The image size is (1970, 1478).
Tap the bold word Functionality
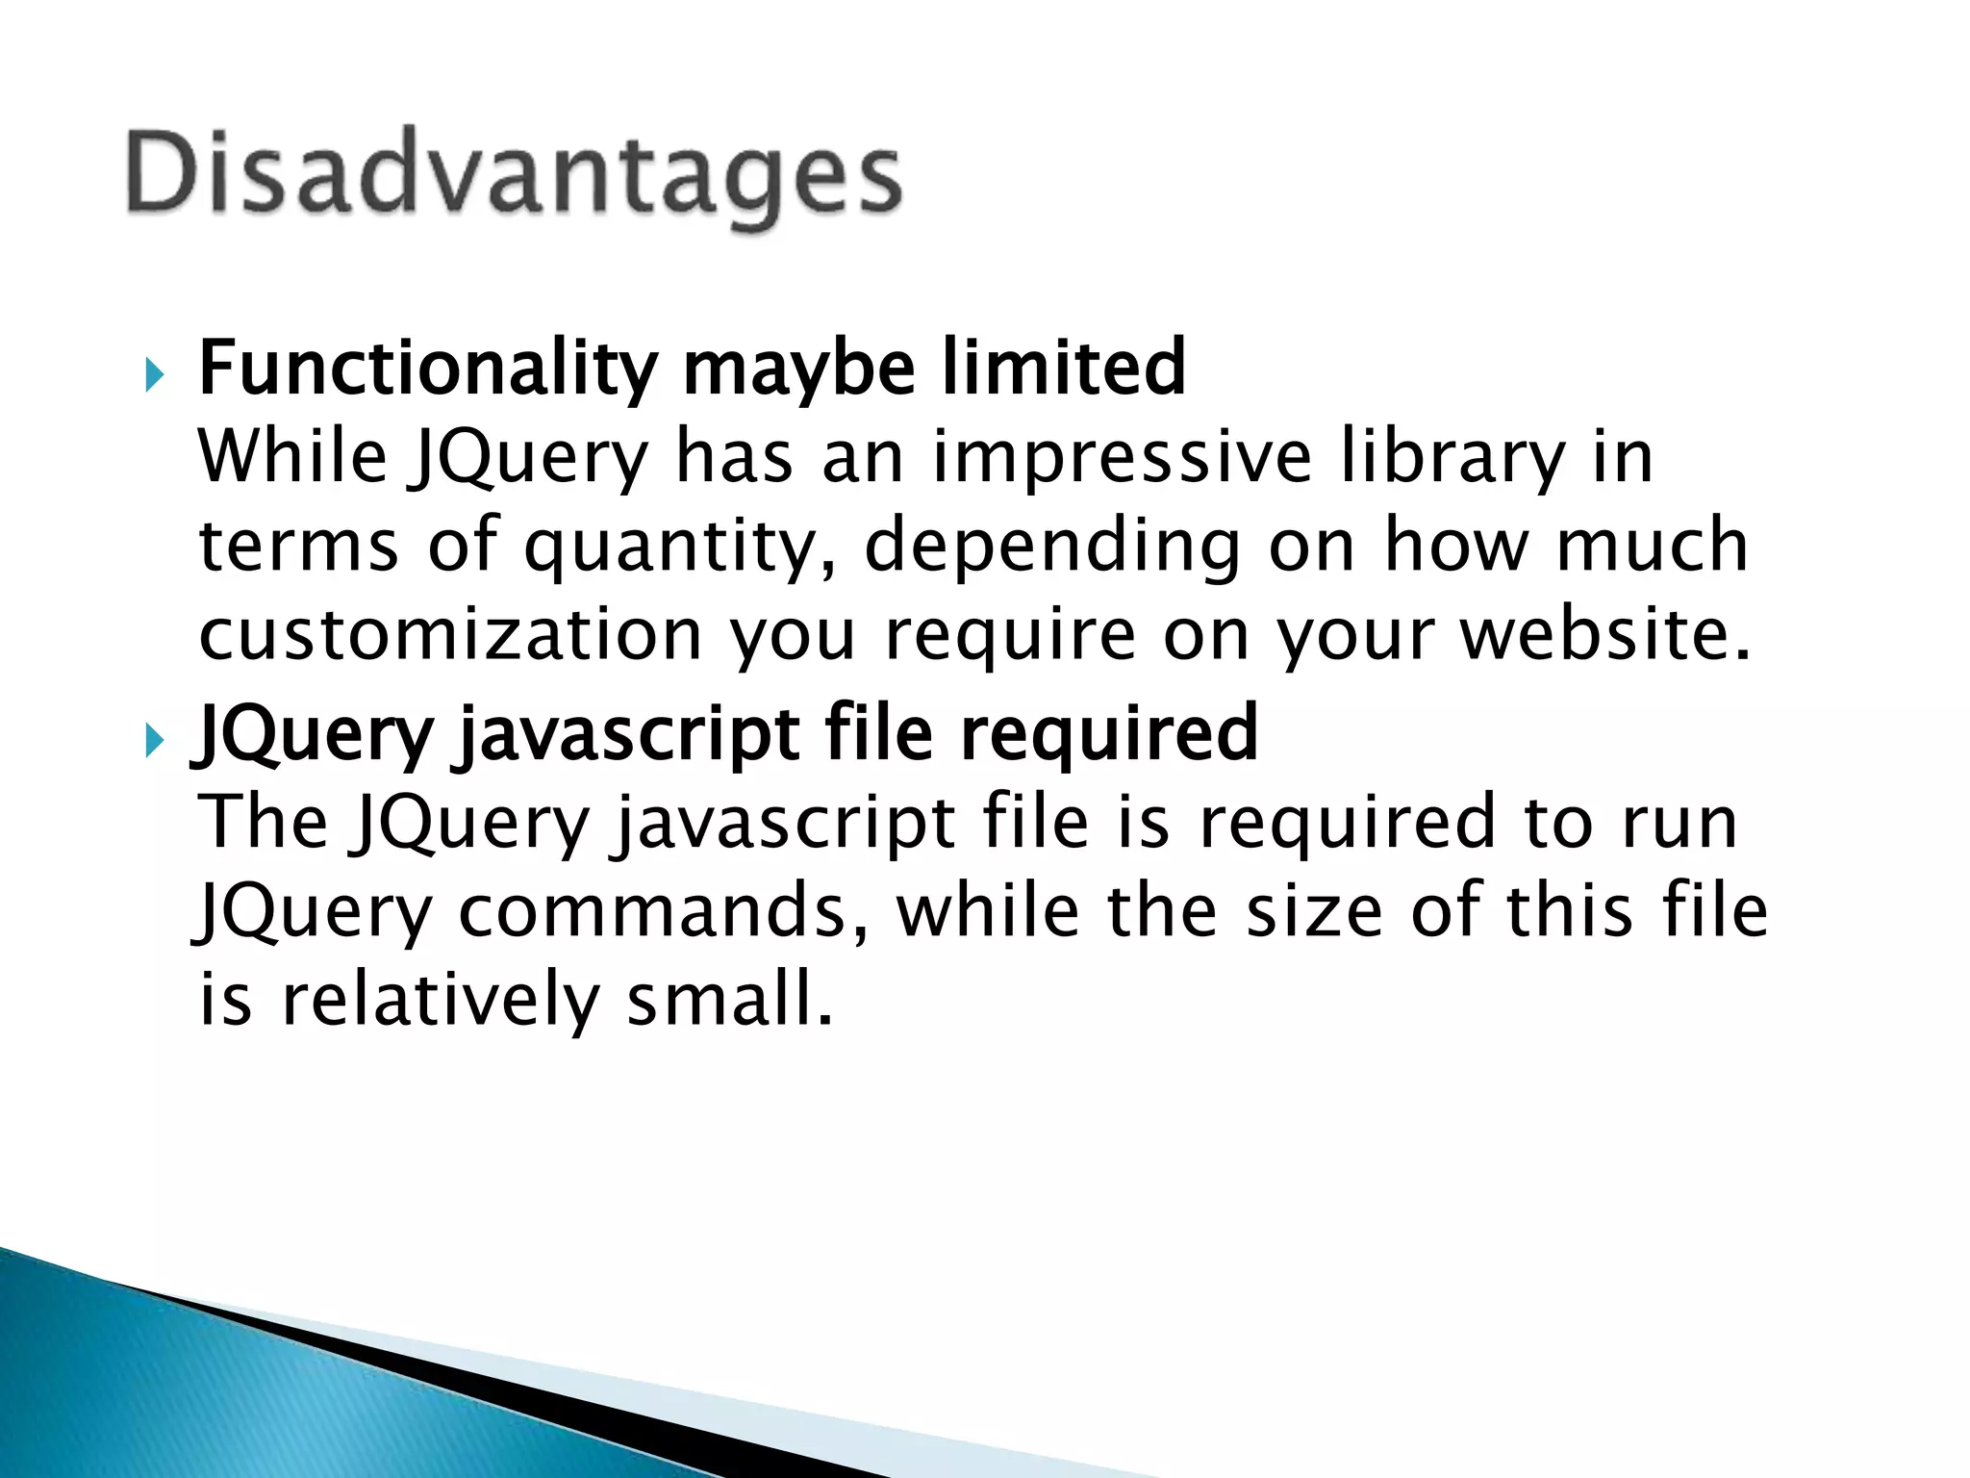coord(428,369)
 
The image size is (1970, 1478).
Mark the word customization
coord(450,636)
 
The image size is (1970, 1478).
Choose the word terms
coord(298,546)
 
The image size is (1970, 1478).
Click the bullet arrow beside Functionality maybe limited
coord(155,375)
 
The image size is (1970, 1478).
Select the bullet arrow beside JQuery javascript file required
coord(155,741)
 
